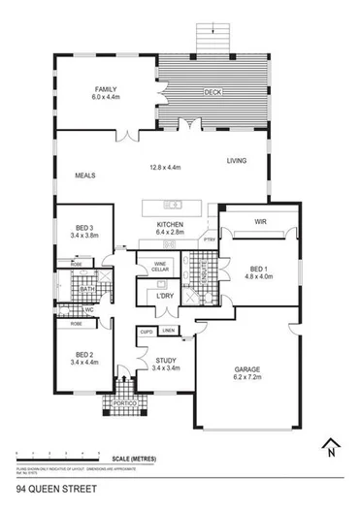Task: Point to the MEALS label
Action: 85,175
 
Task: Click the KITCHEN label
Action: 170,225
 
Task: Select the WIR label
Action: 260,221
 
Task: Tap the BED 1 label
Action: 257,269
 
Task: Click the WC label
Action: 88,310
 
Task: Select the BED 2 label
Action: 84,354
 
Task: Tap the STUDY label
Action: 165,361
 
